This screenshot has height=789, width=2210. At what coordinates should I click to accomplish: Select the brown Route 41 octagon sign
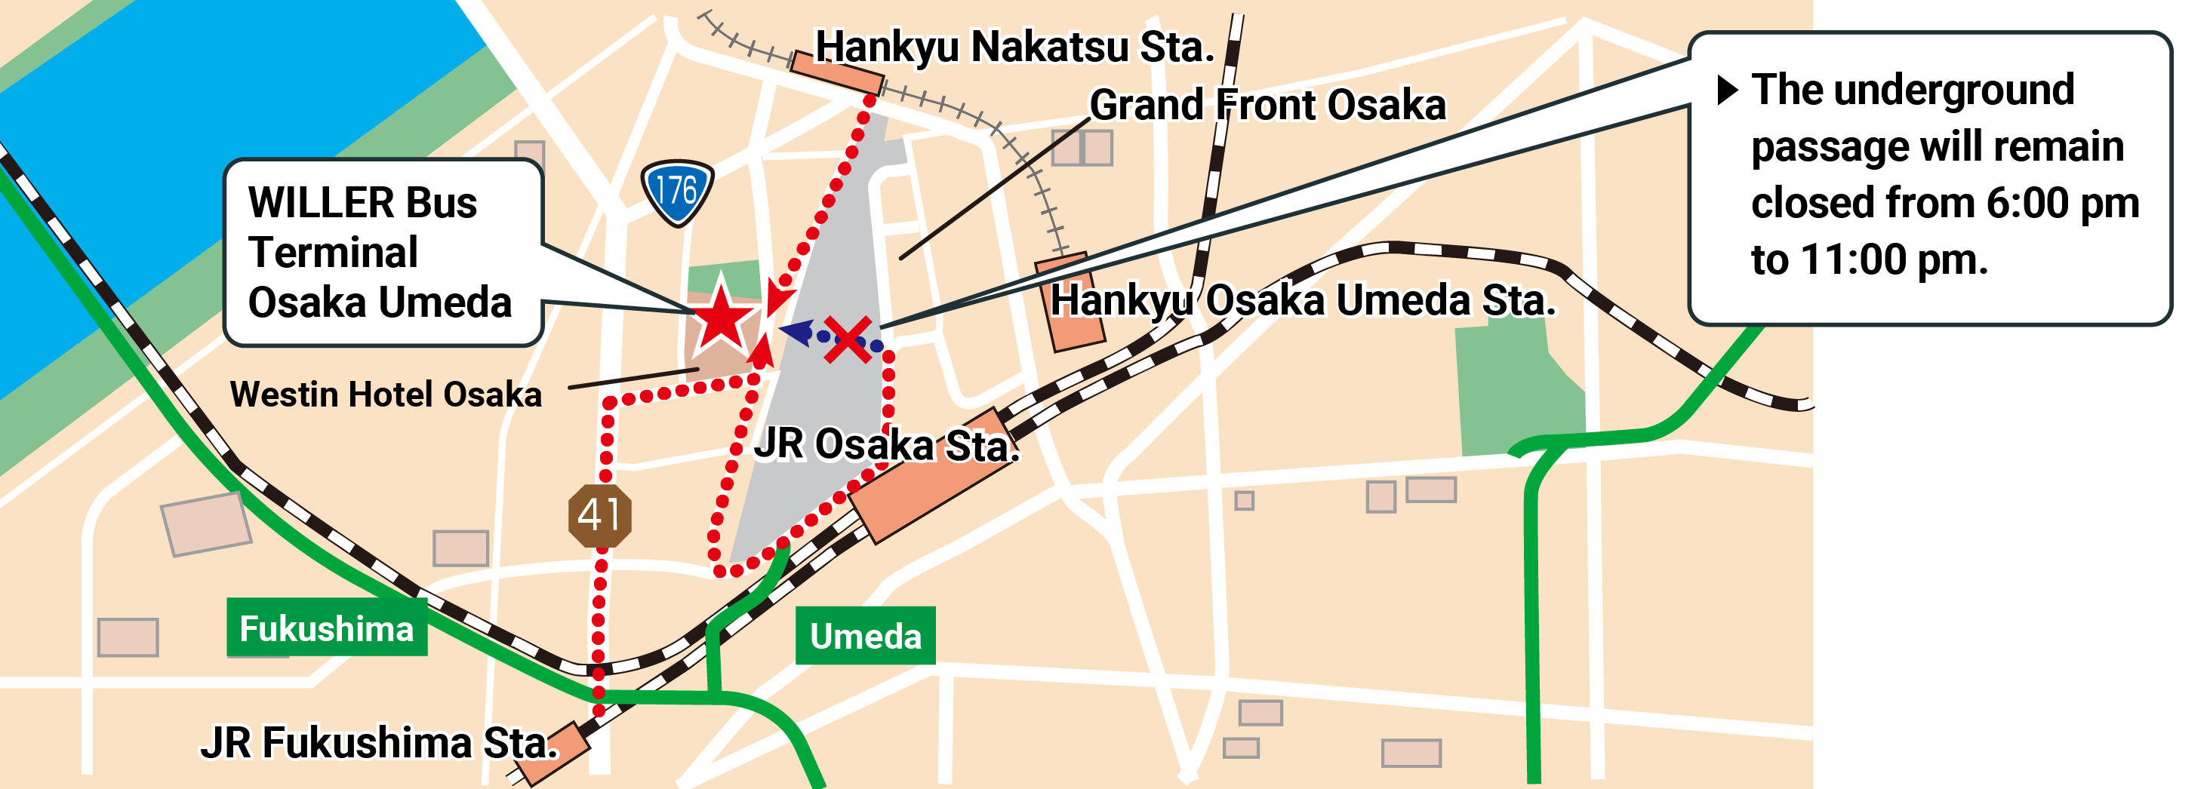600,514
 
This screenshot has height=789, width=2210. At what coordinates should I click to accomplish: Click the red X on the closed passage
848,339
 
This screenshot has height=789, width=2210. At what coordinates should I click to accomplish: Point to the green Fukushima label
327,628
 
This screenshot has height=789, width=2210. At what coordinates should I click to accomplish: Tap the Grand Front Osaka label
1267,106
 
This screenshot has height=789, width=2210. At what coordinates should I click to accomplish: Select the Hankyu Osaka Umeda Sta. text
1302,300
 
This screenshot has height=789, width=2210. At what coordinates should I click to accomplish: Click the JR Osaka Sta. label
886,444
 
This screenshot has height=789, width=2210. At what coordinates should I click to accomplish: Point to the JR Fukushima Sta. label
378,743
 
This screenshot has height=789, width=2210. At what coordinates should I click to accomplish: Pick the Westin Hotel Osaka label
386,394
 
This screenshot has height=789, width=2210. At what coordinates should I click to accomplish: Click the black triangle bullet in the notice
1727,89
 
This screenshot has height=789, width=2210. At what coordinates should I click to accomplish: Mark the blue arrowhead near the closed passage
796,332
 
